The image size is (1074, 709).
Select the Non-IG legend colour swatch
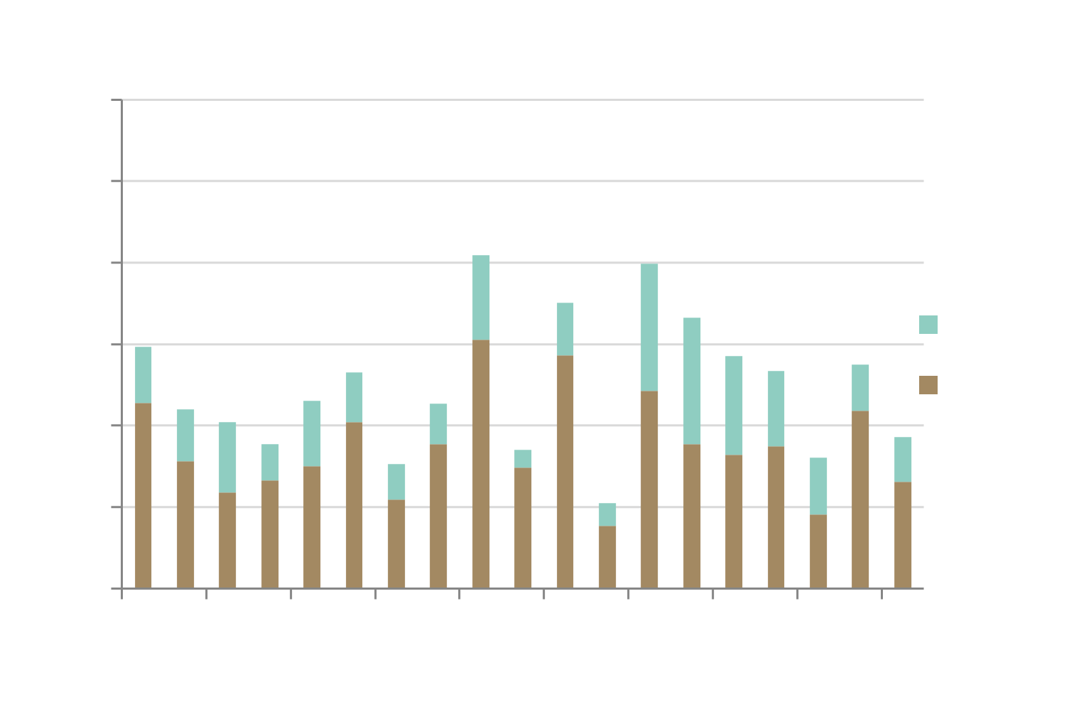pos(928,325)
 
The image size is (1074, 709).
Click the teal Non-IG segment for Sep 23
pos(481,297)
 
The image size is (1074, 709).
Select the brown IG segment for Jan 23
pos(143,496)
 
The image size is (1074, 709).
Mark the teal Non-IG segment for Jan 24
pos(649,327)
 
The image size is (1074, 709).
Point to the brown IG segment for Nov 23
pos(565,472)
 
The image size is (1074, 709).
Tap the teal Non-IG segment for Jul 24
pos(903,459)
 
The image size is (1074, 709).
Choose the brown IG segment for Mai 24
pos(818,551)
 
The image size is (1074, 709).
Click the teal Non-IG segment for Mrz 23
pos(227,457)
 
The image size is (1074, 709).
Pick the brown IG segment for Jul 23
pos(396,544)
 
